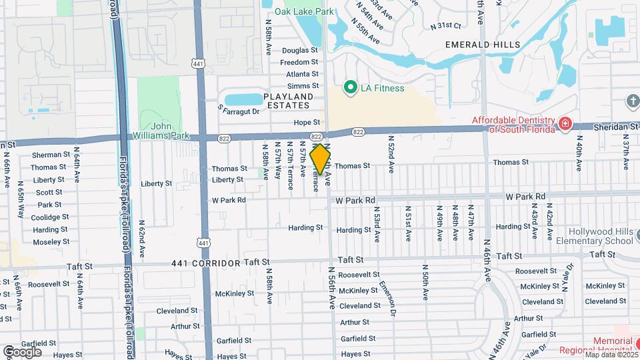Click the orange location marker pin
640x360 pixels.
[x=321, y=159]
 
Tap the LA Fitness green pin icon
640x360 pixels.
[x=349, y=87]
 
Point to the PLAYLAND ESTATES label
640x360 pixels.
[x=287, y=101]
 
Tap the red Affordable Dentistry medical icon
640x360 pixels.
[x=565, y=123]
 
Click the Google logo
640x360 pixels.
[x=23, y=351]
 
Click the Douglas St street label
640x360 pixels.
[x=300, y=50]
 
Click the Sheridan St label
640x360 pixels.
[x=614, y=127]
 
